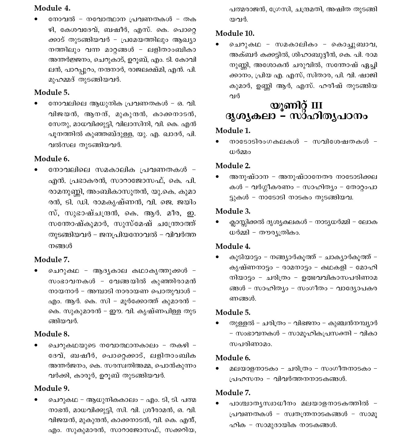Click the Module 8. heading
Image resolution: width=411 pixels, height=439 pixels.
pyautogui.click(x=52, y=334)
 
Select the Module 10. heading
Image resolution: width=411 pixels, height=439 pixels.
pyautogui.click(x=235, y=33)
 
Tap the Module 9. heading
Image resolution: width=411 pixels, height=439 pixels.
pyautogui.click(x=52, y=388)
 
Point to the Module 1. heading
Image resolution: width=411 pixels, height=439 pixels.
pyautogui.click(x=233, y=130)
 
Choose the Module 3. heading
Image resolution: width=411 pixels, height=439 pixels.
pyautogui.click(x=233, y=211)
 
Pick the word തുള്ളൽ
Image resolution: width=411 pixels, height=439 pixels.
pyautogui.click(x=242, y=323)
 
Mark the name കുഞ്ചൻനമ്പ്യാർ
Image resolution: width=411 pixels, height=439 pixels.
pyautogui.click(x=352, y=323)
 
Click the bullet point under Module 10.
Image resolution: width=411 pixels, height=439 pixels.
pyautogui.click(x=217, y=44)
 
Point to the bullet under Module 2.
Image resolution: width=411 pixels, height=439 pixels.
pyautogui.click(x=217, y=177)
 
